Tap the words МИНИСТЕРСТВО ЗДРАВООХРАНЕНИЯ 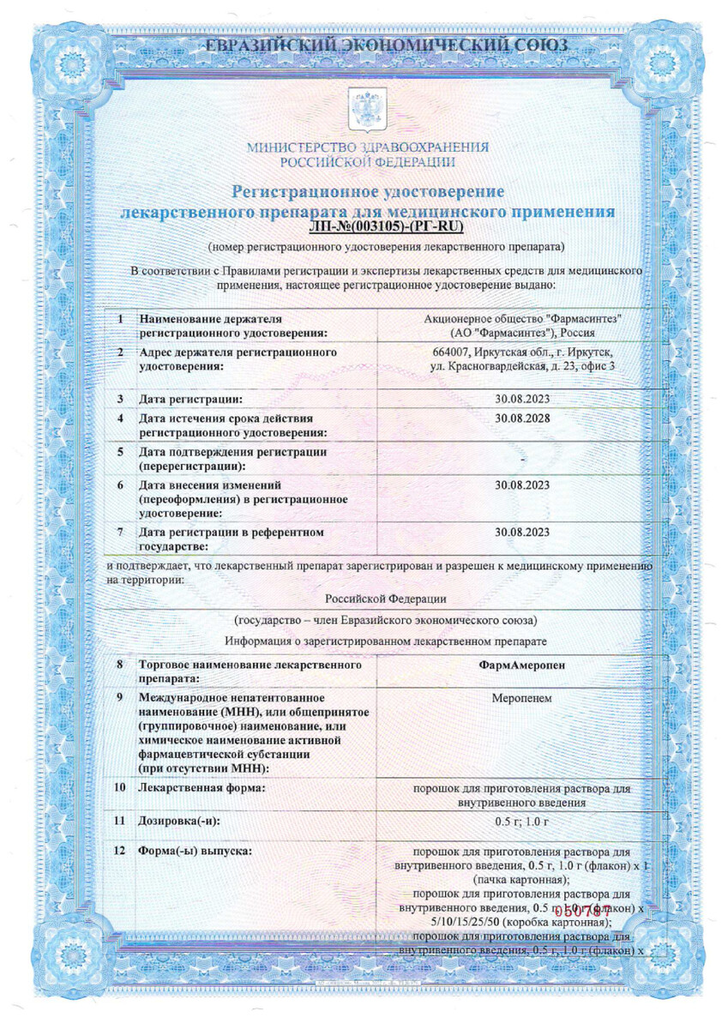coord(368,147)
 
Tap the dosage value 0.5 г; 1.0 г coord(521,821)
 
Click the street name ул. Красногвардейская coord(490,367)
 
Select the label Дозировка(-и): coord(179,821)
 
